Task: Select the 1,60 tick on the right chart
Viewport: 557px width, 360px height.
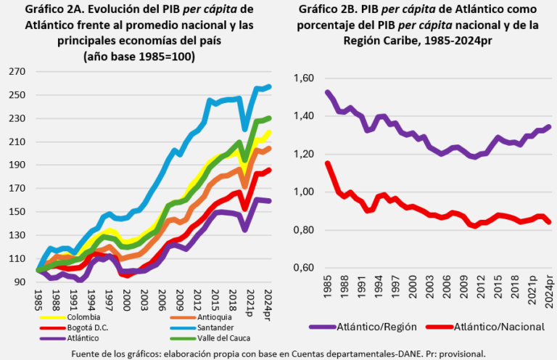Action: [308, 78]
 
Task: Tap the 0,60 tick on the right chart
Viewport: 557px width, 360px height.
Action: [308, 268]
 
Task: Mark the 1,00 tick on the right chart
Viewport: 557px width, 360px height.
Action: [308, 192]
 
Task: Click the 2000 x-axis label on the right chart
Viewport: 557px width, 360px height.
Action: [413, 290]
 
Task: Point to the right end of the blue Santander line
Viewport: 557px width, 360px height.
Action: [269, 87]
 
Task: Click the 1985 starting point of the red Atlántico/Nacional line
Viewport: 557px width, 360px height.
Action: [328, 163]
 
